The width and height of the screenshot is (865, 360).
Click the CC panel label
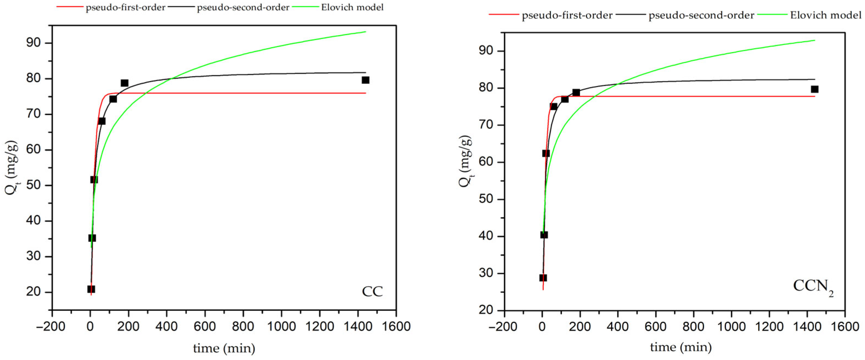pyautogui.click(x=372, y=291)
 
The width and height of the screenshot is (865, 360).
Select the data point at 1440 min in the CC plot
pyautogui.click(x=365, y=80)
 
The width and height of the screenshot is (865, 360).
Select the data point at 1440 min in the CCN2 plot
pyautogui.click(x=814, y=89)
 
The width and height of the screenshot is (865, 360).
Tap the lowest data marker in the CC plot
pyautogui.click(x=91, y=289)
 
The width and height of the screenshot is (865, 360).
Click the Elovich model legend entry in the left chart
pyautogui.click(x=352, y=7)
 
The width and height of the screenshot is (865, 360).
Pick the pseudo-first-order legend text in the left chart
pyautogui.click(x=125, y=7)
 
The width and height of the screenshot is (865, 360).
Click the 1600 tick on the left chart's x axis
pyautogui.click(x=396, y=326)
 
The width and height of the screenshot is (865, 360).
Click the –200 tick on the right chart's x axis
pyautogui.click(x=504, y=326)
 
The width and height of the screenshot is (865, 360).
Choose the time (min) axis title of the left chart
pyautogui.click(x=224, y=348)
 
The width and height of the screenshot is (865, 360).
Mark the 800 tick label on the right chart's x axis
pyautogui.click(x=693, y=326)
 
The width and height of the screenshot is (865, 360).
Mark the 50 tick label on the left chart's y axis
pyautogui.click(x=33, y=185)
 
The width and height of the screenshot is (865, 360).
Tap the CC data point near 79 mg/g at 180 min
pyautogui.click(x=125, y=83)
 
